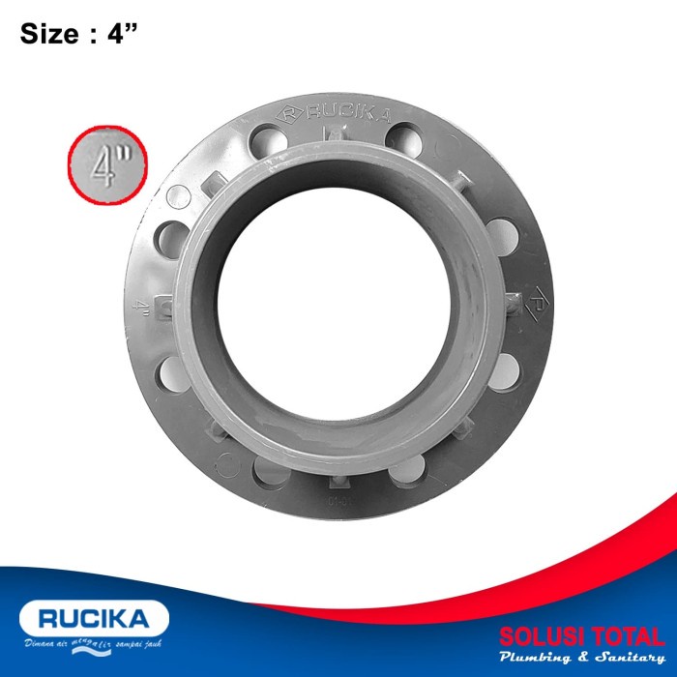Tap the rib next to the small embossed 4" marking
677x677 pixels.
coord(164,308)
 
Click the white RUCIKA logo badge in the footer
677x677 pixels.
coord(93,618)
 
